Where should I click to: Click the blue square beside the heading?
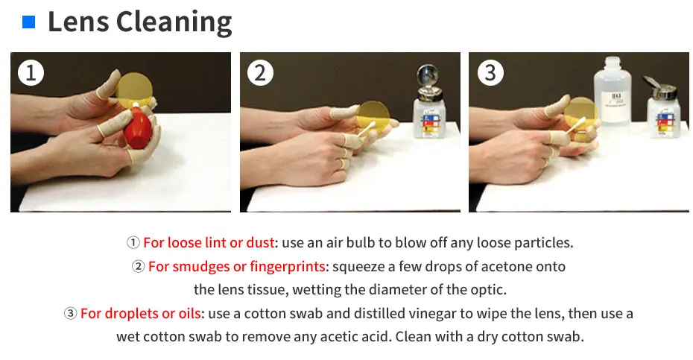29,22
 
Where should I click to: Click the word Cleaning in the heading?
174,23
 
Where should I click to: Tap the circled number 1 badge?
31,72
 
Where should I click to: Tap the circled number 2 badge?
260,72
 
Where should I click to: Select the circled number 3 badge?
490,72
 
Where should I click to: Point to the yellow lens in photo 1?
134,90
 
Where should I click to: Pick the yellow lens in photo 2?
374,115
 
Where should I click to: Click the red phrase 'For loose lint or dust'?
209,243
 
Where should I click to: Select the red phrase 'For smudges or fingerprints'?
236,267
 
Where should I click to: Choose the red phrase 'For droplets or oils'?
141,314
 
